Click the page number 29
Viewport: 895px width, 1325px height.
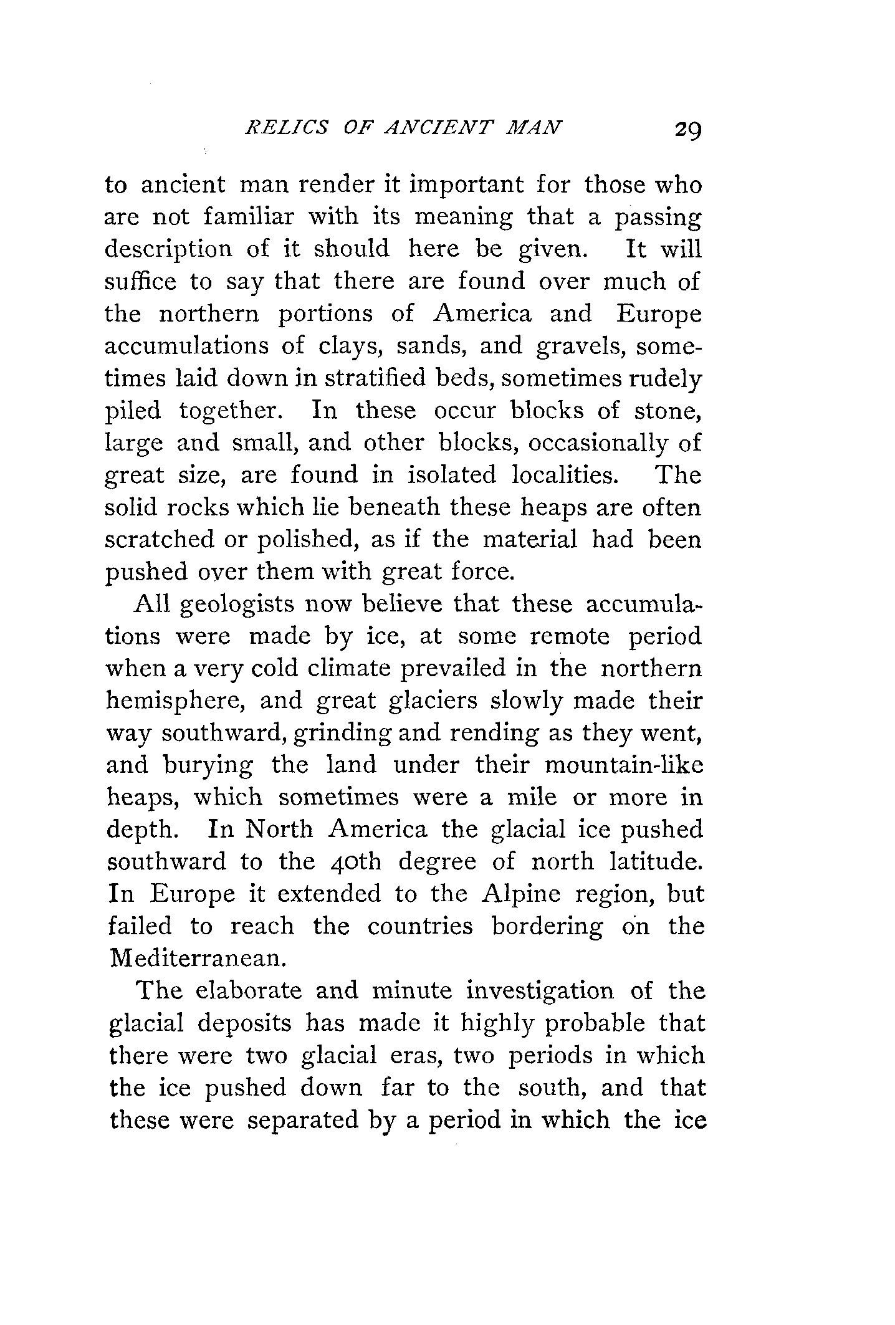(x=687, y=131)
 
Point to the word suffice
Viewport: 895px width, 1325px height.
(x=139, y=282)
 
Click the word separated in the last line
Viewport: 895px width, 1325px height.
(x=303, y=1120)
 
